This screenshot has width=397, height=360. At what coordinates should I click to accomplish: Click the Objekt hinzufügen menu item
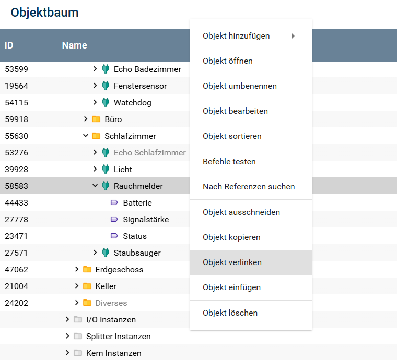(236, 36)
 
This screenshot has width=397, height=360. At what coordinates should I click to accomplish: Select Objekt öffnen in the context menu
(228, 61)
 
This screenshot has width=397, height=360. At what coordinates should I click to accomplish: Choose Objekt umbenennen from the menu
(240, 86)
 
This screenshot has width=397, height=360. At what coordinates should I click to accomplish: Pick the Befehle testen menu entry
(229, 162)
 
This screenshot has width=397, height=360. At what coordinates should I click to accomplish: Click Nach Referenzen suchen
(249, 187)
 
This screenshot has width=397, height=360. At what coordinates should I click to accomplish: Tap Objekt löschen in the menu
(230, 313)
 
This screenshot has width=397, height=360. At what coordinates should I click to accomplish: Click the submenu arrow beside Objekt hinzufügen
(293, 36)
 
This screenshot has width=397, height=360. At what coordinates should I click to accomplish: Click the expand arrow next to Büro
(86, 119)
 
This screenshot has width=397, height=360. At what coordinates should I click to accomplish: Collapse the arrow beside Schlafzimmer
(86, 136)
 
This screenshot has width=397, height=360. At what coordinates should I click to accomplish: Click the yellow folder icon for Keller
(87, 286)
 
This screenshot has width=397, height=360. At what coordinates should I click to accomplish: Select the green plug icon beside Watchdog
(106, 103)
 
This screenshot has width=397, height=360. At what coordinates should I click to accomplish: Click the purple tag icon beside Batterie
(114, 203)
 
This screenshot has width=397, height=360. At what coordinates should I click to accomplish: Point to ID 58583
(17, 186)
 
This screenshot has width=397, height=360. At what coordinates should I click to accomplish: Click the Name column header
(74, 45)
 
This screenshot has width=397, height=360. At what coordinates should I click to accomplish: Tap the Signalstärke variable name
(146, 220)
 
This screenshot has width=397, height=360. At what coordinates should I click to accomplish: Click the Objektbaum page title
(45, 13)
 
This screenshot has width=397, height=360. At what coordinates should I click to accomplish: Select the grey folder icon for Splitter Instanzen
(78, 337)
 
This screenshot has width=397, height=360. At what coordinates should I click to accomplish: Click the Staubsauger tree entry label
(137, 253)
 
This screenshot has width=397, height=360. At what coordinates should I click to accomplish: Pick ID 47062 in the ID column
(17, 270)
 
